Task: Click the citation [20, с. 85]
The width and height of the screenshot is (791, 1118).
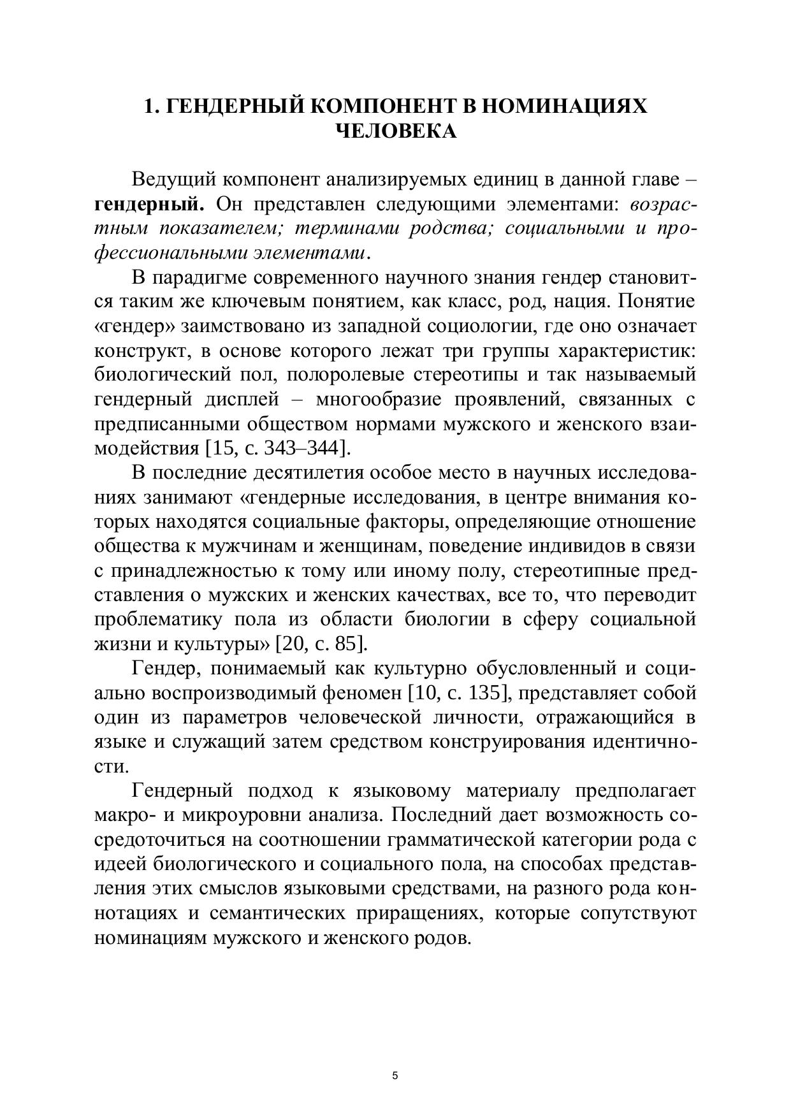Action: pos(322,644)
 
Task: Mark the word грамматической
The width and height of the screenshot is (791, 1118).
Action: pos(456,840)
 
